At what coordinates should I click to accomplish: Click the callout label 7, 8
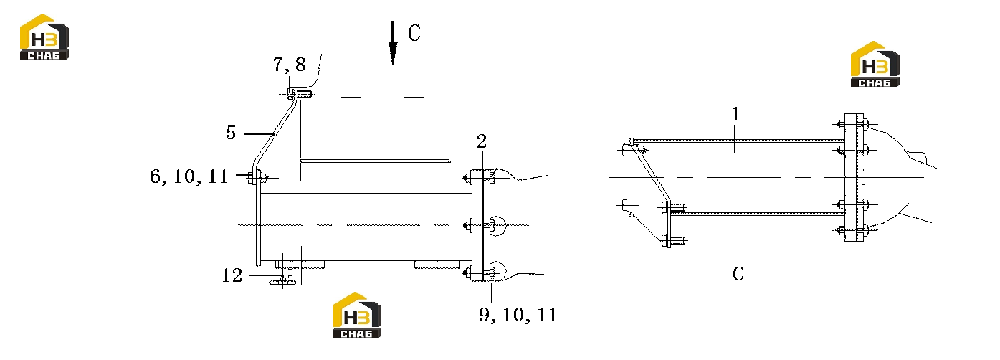[290, 65]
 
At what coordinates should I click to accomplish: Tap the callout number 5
[230, 133]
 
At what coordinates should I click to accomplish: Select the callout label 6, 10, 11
[189, 176]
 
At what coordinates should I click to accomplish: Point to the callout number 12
[232, 275]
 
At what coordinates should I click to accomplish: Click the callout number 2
[481, 141]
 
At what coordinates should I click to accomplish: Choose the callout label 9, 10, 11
[518, 315]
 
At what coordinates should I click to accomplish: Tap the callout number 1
[735, 114]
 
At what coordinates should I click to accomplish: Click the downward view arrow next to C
[393, 43]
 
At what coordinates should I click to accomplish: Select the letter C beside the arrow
[414, 32]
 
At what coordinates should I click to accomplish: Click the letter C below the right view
[738, 274]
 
